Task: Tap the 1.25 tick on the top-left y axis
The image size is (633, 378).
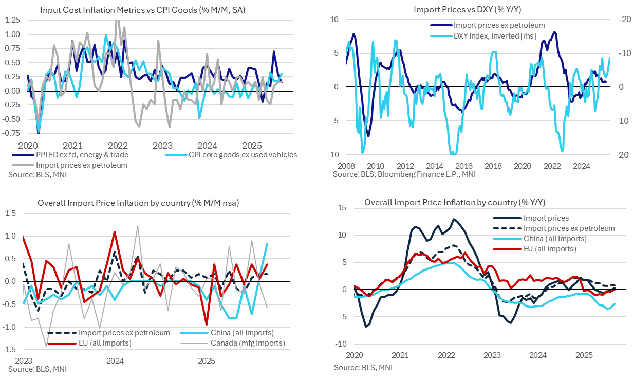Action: pos(13,20)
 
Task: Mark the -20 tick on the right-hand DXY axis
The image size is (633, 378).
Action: pos(623,19)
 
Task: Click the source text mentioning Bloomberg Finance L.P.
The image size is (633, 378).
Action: pos(404,174)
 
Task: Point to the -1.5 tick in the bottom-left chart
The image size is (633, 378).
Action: pos(11,350)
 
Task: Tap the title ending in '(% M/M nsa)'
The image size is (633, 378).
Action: pos(138,203)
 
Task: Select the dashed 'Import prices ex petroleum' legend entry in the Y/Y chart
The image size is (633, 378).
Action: pos(569,228)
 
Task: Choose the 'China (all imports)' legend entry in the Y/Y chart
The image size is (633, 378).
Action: pos(554,239)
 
